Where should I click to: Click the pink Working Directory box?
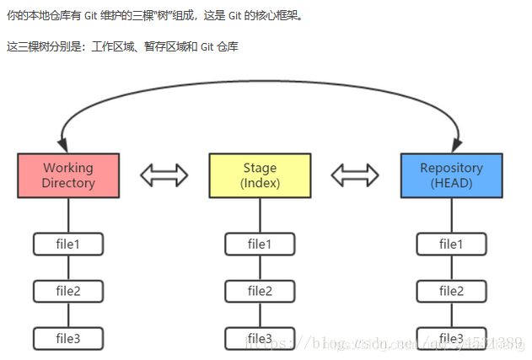click(68, 175)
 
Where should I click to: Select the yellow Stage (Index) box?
click(260, 175)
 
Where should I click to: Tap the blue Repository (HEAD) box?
click(451, 175)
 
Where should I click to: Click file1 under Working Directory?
click(68, 244)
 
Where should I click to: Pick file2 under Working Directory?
click(68, 292)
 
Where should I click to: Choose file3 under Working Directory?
click(68, 339)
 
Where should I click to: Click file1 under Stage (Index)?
click(260, 244)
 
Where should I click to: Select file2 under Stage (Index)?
click(260, 292)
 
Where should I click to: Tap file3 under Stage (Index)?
click(260, 339)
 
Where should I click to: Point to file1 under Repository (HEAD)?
click(451, 244)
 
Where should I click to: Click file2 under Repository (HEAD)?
click(451, 292)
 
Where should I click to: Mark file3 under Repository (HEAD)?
click(451, 339)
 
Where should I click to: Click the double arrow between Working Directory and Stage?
click(164, 175)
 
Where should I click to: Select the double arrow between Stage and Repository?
click(355, 175)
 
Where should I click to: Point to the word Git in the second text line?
click(207, 46)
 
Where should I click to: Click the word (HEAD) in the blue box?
click(451, 183)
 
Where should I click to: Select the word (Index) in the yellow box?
click(260, 183)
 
